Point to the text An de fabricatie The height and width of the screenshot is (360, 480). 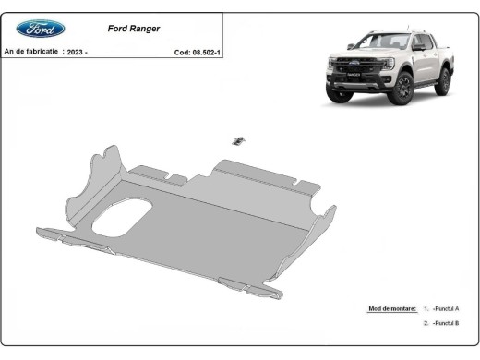[30, 53]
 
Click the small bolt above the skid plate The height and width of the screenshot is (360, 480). [237, 140]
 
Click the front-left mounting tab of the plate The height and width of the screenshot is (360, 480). [92, 244]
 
